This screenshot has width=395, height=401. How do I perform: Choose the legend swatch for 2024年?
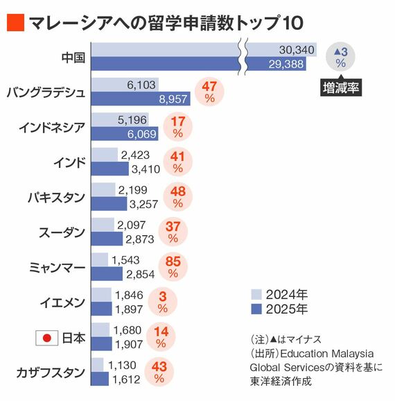point(256,292)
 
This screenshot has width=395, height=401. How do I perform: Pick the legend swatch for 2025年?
point(256,308)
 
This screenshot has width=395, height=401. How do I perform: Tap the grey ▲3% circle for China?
point(340,57)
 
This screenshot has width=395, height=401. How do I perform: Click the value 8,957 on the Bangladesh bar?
point(174,100)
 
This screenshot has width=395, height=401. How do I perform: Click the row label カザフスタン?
point(51,373)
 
